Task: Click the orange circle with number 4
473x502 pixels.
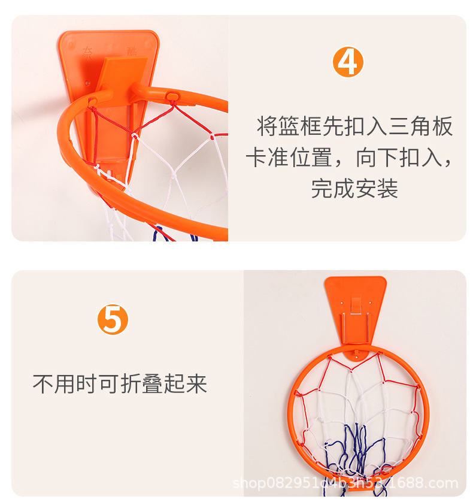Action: click(348, 62)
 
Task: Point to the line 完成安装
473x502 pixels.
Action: click(354, 189)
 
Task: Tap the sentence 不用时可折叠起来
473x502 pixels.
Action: click(120, 384)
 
